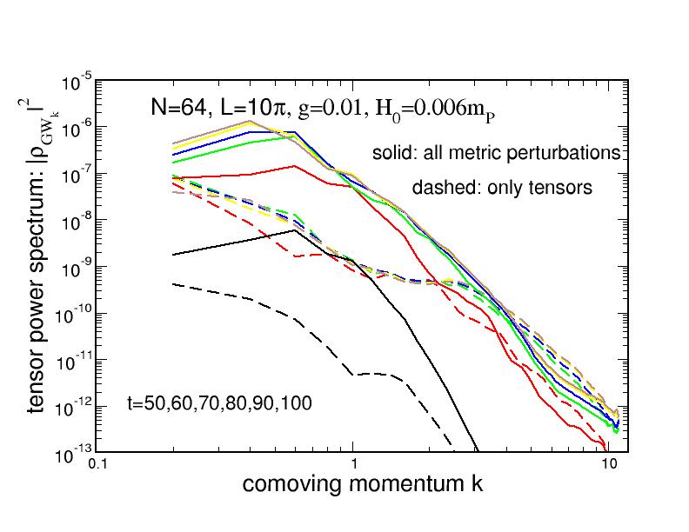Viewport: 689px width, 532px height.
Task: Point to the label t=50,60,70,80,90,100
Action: (x=219, y=402)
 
